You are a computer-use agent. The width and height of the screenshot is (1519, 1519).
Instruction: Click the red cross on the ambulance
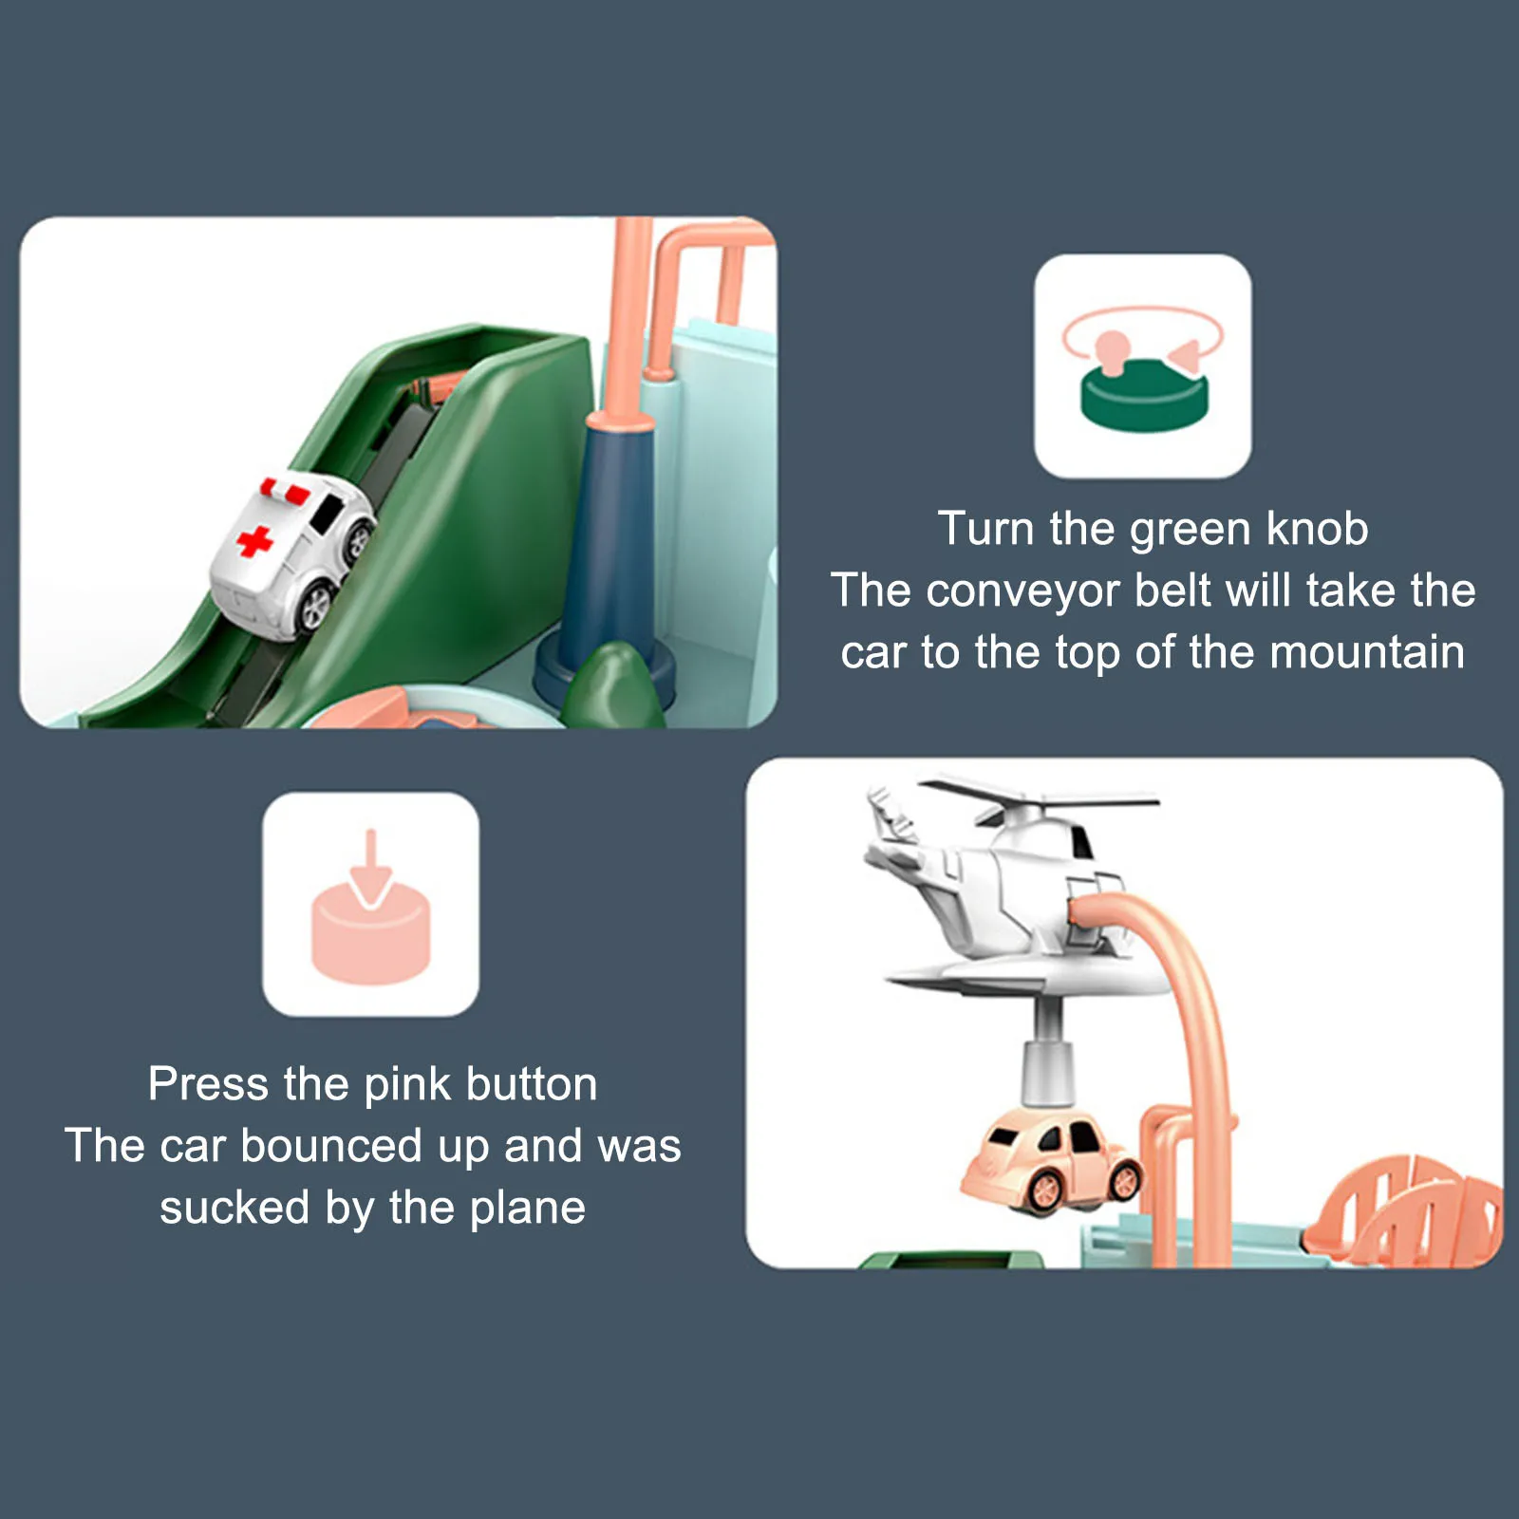(x=254, y=541)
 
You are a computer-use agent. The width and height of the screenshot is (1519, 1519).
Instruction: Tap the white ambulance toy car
(x=291, y=554)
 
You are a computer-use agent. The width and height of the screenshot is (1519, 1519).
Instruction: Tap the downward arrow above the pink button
(x=371, y=868)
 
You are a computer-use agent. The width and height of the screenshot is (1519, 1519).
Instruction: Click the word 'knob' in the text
(x=1317, y=529)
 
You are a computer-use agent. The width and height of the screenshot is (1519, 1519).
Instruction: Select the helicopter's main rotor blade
(x=1040, y=796)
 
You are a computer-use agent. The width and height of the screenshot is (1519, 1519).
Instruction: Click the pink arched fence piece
(x=1403, y=1210)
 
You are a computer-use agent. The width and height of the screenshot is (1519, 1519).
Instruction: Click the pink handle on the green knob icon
(x=1112, y=349)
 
